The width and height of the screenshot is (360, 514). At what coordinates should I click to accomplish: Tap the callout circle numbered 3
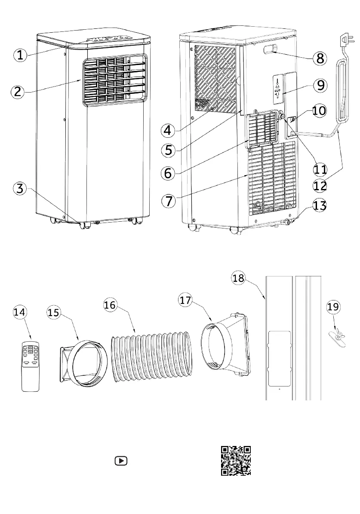click(x=20, y=188)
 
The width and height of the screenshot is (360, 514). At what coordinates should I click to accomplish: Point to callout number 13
click(x=319, y=206)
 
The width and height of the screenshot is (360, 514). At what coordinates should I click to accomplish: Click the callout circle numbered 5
click(x=169, y=150)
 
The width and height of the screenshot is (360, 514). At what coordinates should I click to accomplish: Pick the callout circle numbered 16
click(x=111, y=305)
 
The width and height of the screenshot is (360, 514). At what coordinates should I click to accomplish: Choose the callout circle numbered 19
click(x=333, y=307)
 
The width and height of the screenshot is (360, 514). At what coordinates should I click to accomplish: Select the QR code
click(x=236, y=460)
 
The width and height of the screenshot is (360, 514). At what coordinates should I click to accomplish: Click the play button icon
click(x=121, y=461)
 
